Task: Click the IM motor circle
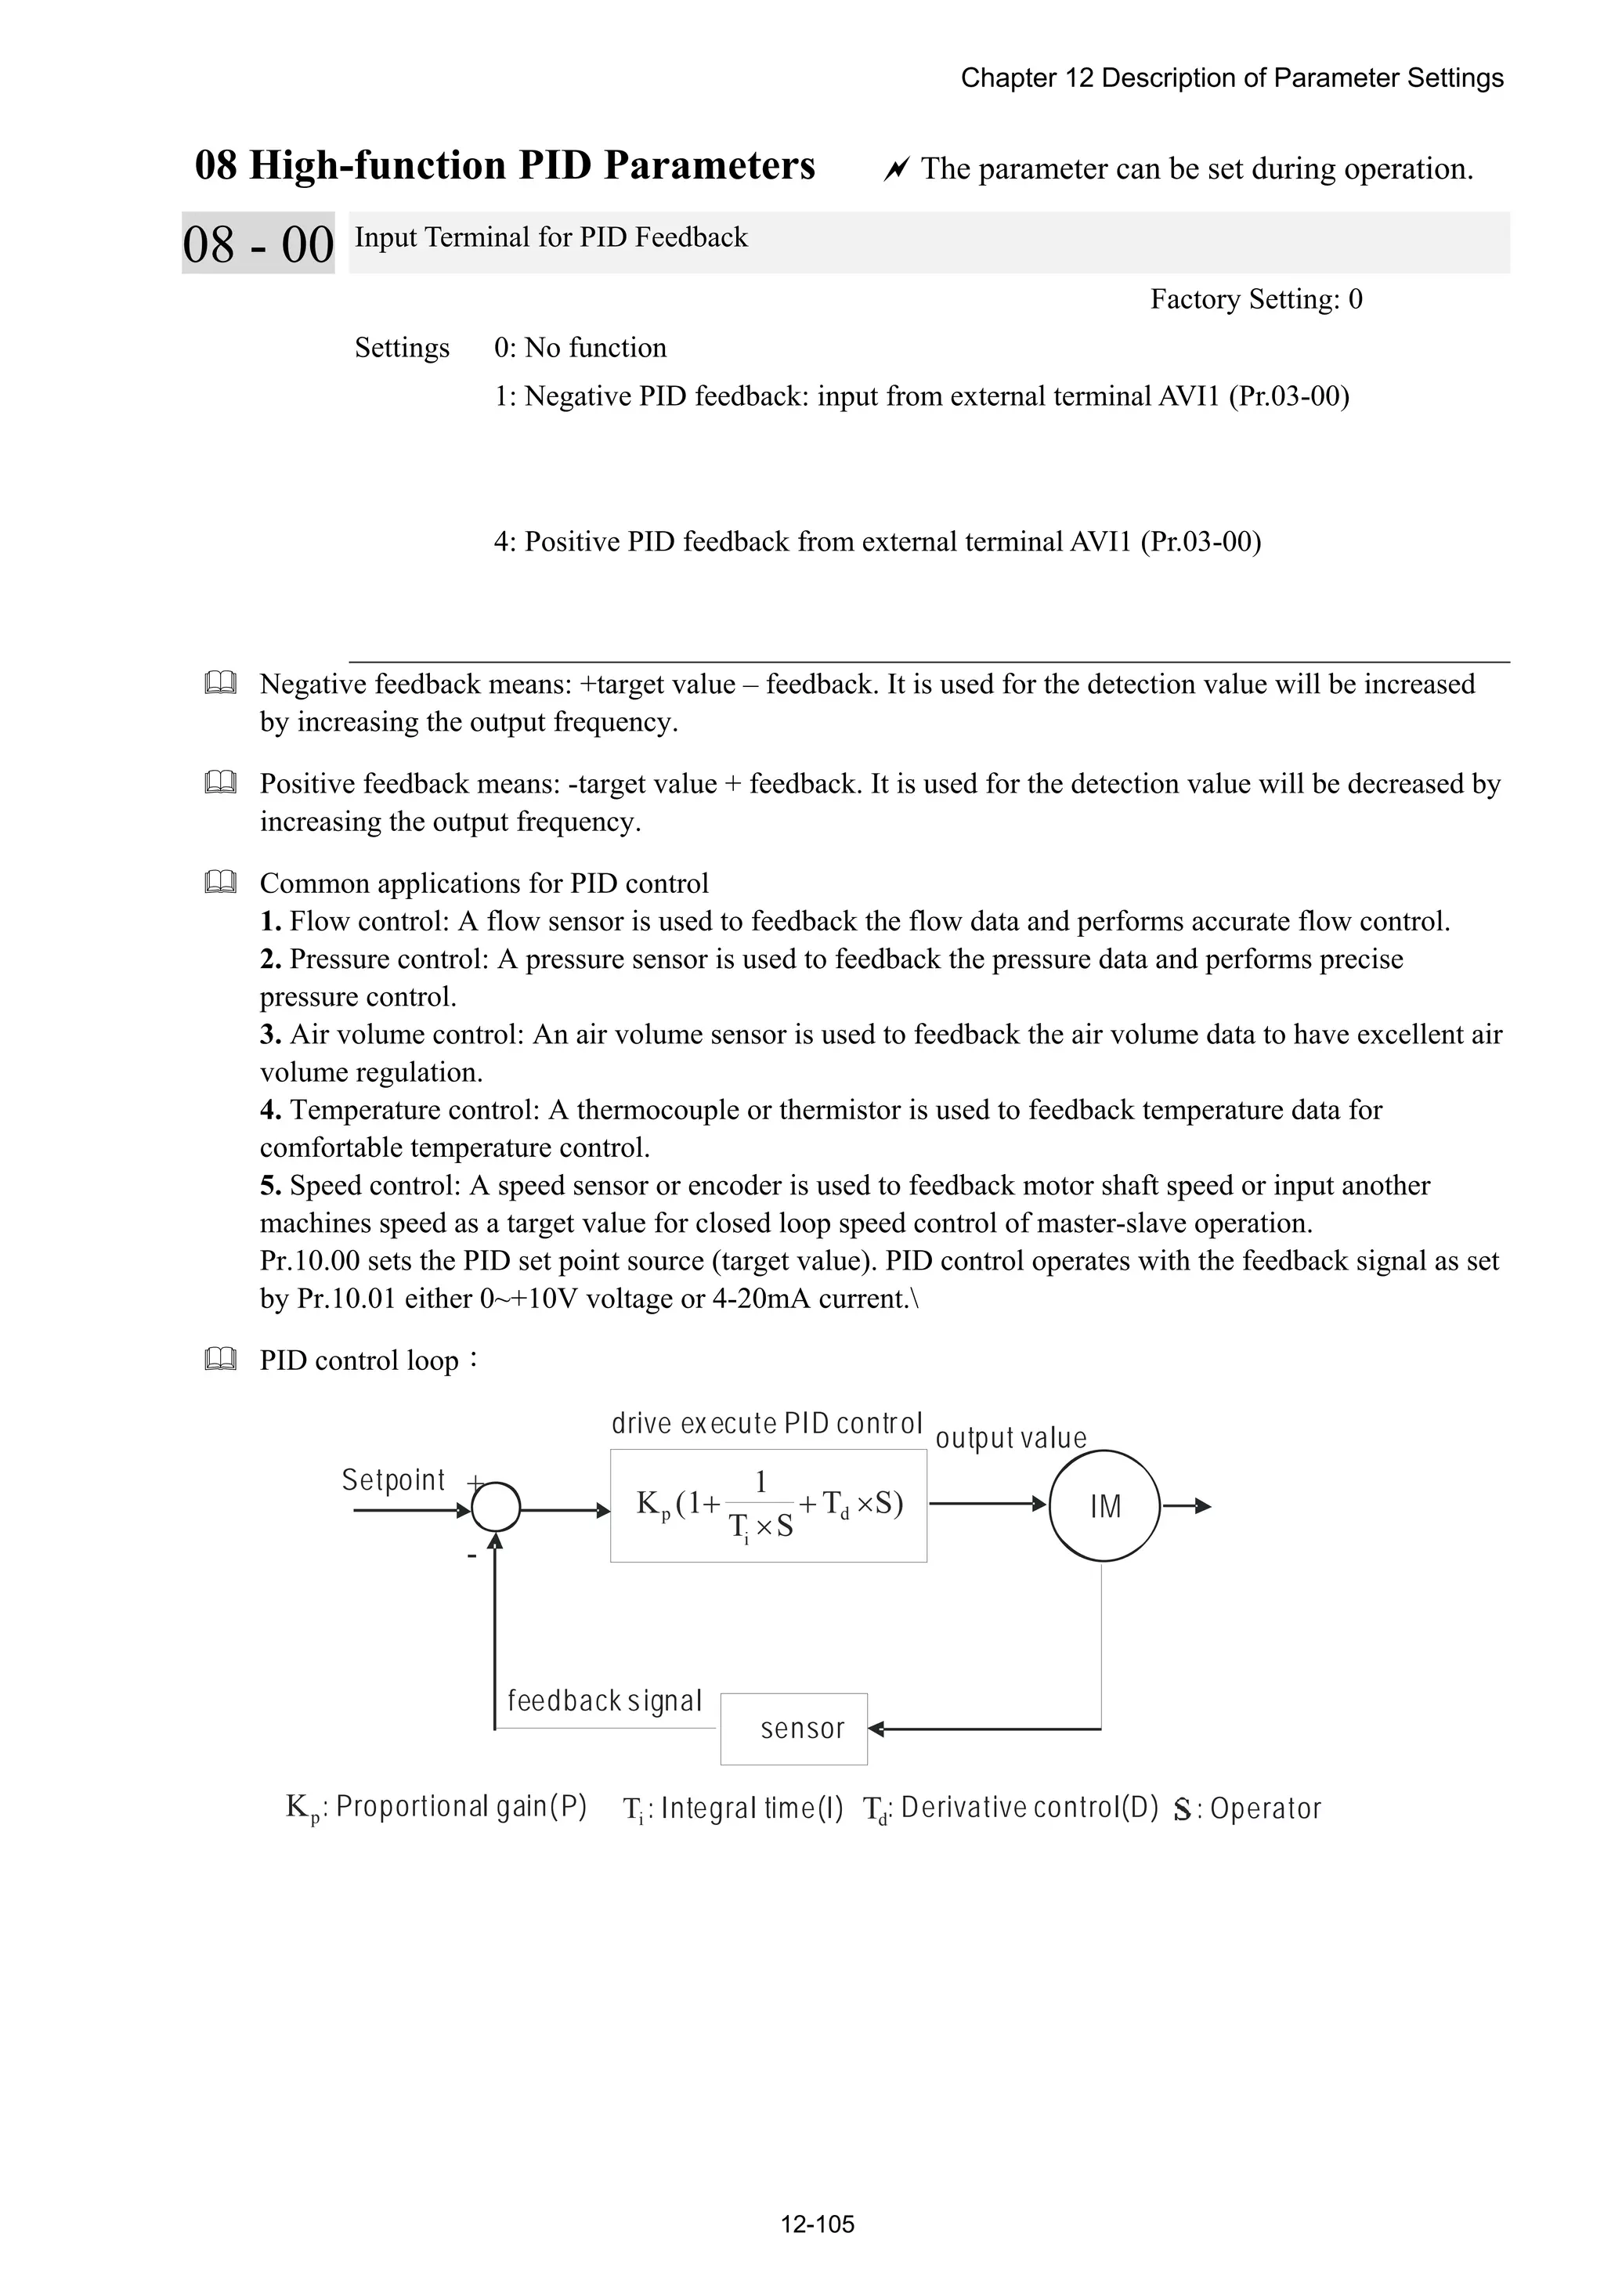coord(1104,1506)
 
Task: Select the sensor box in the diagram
coord(793,1729)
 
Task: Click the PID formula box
coord(768,1505)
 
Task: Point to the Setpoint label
coord(393,1480)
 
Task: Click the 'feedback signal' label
coord(604,1700)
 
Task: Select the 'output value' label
coord(1010,1438)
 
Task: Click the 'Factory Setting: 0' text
coord(1255,298)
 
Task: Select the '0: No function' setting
coord(580,348)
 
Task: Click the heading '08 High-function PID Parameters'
coord(504,165)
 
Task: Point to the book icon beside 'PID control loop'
coord(220,1359)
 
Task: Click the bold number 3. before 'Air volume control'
coord(271,1034)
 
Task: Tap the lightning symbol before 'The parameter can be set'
coord(895,170)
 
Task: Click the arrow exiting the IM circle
coord(1186,1506)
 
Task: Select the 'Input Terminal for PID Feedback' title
coord(551,237)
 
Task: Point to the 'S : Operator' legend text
coord(1247,1808)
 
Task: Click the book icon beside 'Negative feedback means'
coord(220,683)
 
